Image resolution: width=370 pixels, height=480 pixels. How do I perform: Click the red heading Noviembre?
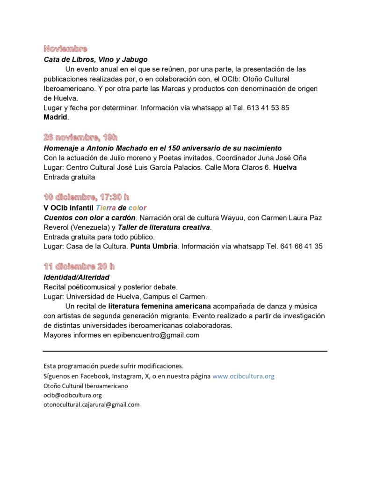(65, 48)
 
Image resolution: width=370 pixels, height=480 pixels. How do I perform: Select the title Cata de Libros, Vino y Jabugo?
(95, 60)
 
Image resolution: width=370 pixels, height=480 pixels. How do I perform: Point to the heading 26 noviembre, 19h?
(80, 137)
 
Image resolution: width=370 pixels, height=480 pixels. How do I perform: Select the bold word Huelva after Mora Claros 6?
(285, 167)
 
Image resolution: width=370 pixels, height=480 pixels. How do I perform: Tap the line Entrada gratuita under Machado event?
(69, 177)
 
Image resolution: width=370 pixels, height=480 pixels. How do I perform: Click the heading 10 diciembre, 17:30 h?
(86, 197)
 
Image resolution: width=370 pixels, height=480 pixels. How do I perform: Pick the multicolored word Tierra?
(106, 208)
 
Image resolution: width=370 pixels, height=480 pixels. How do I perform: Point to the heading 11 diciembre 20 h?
(79, 266)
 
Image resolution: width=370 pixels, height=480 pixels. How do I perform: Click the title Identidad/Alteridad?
(76, 277)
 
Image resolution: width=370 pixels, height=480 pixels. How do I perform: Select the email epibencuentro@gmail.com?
(156, 335)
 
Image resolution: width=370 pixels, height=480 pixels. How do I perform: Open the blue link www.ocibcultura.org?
(243, 376)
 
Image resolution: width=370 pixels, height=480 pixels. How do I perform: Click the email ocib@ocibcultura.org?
(73, 395)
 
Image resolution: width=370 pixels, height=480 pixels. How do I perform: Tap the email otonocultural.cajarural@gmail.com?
(91, 405)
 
